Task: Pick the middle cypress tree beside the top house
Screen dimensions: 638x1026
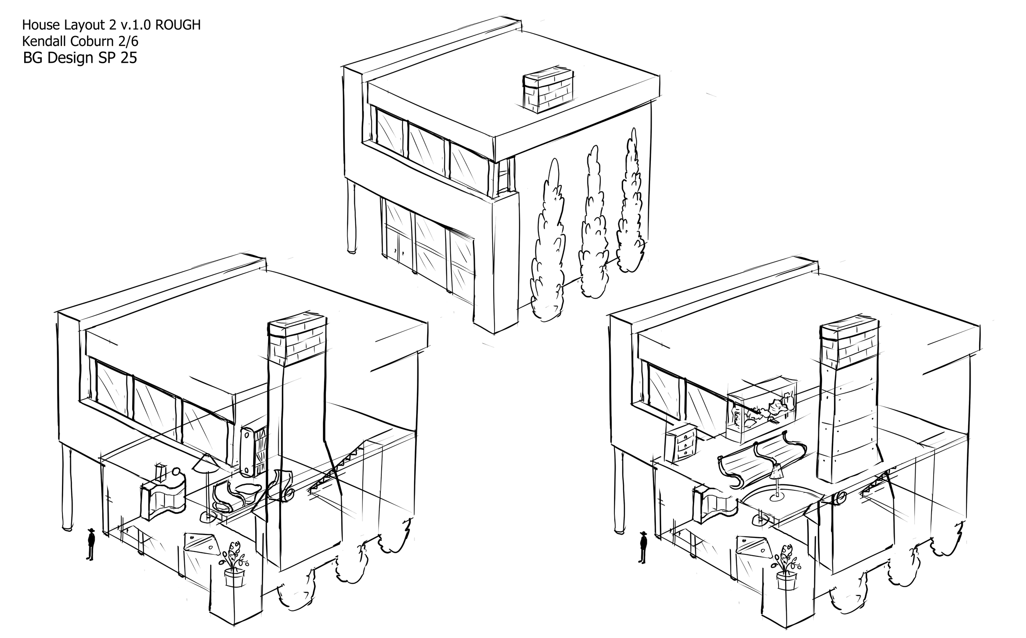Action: (593, 223)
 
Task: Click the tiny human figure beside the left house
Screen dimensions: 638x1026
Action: (90, 545)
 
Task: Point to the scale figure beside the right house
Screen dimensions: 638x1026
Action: (643, 547)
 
